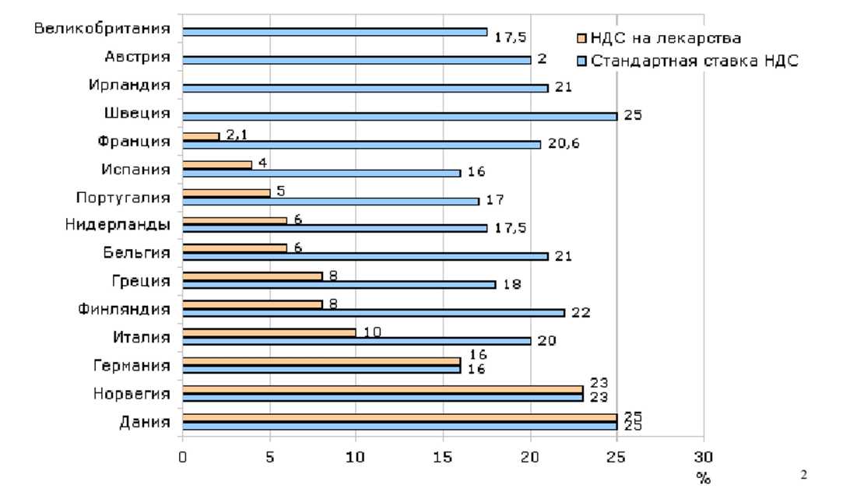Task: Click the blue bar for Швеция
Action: click(x=399, y=116)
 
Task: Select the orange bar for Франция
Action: click(x=201, y=136)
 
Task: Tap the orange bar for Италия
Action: click(x=269, y=332)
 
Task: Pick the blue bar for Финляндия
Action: click(x=374, y=312)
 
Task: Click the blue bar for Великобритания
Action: click(x=335, y=32)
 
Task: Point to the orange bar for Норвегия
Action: click(x=382, y=388)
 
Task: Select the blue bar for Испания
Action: click(x=321, y=172)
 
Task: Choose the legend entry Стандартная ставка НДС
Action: click(x=690, y=61)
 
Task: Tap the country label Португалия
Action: click(x=123, y=196)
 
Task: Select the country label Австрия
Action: click(x=137, y=57)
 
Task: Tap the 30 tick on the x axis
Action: click(x=704, y=458)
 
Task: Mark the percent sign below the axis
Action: click(x=704, y=479)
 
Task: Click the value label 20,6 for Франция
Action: click(x=567, y=145)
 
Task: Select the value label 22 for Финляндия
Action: click(x=581, y=313)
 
